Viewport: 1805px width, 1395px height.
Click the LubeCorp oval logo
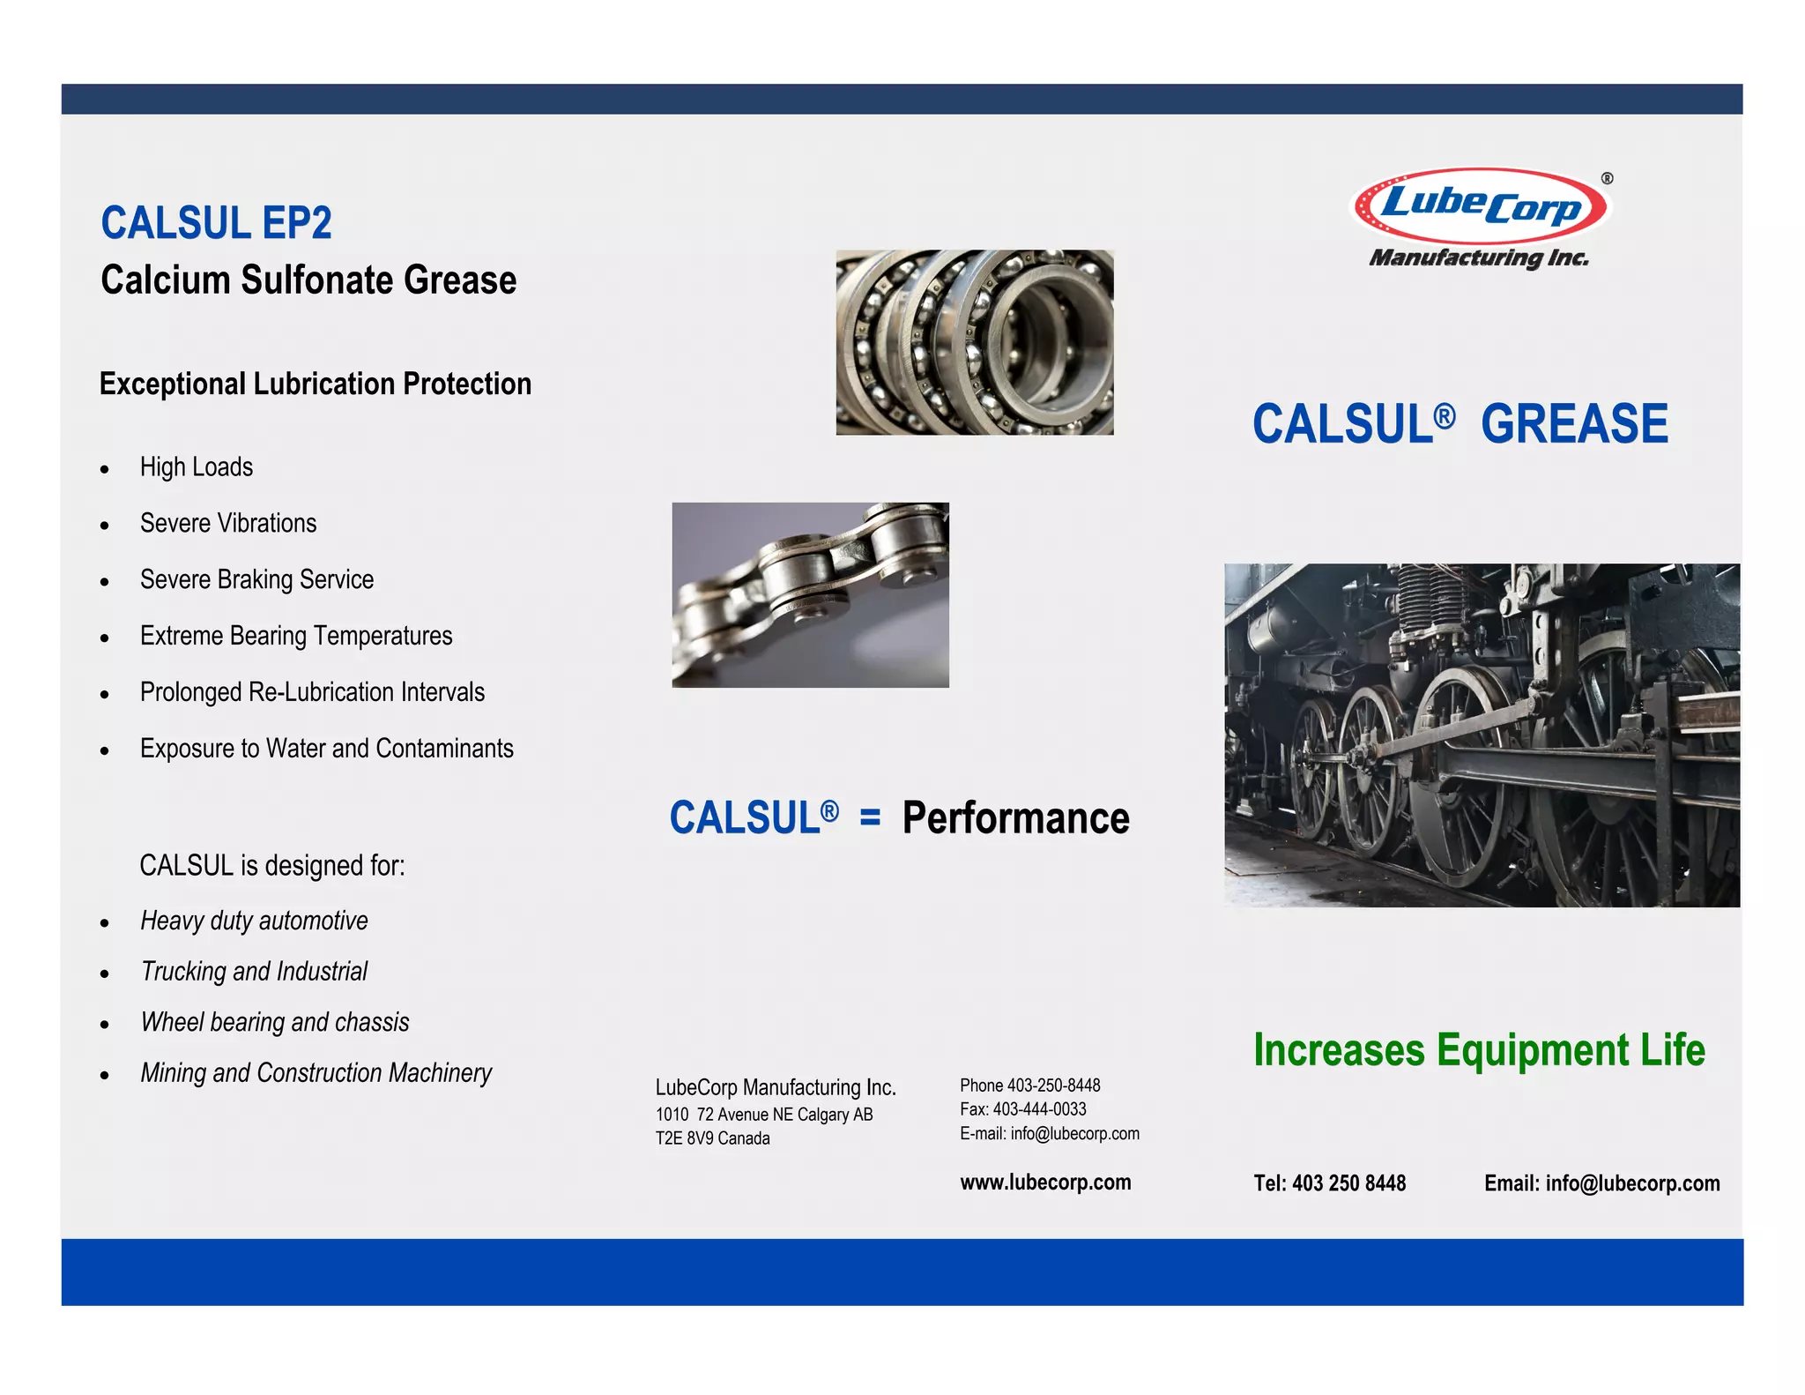click(x=1481, y=205)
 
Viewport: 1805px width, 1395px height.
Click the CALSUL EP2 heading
click(x=216, y=222)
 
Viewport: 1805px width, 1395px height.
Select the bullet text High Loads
click(x=197, y=467)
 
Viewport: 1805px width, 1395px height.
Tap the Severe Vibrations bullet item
click(x=228, y=524)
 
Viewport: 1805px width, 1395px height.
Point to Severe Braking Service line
click(x=256, y=580)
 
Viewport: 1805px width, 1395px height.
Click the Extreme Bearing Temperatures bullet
click(x=296, y=637)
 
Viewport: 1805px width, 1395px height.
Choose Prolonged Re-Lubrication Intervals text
click(x=312, y=693)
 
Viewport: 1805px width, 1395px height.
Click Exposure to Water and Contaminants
click(x=326, y=750)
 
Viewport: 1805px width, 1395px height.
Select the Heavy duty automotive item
click(x=254, y=921)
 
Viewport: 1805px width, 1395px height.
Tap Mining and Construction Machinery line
click(x=316, y=1073)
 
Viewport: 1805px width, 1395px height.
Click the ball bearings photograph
click(x=974, y=342)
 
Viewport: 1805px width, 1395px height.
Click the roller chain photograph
click(x=810, y=595)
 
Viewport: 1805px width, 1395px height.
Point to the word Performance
click(x=1015, y=818)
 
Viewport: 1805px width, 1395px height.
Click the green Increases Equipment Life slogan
click(x=1479, y=1050)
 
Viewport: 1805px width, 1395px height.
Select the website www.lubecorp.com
click(x=1045, y=1182)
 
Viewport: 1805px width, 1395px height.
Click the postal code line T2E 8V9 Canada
click(x=712, y=1138)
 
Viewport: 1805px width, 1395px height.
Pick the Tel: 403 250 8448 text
click(x=1329, y=1183)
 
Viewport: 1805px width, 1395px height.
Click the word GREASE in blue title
click(x=1574, y=424)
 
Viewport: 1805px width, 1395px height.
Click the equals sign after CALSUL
click(x=870, y=818)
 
